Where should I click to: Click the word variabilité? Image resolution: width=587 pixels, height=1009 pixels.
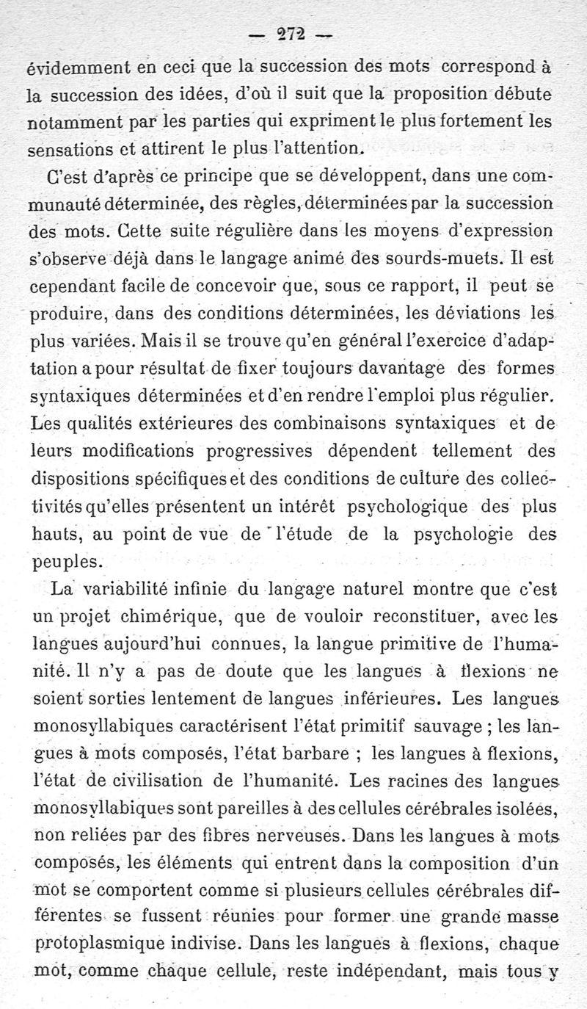pyautogui.click(x=128, y=588)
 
